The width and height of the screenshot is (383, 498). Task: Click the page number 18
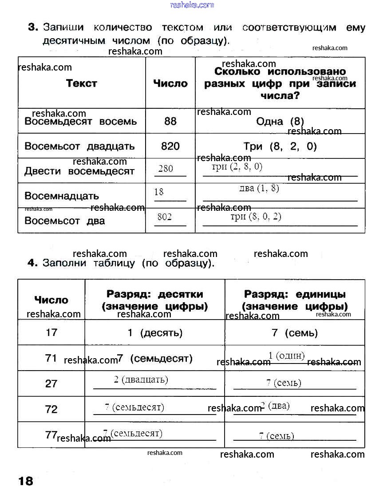point(26,481)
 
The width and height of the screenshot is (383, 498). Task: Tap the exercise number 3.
point(32,28)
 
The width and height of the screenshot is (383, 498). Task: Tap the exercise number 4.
point(32,263)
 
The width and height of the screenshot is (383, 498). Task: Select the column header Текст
point(82,83)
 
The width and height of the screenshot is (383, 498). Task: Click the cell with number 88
point(170,121)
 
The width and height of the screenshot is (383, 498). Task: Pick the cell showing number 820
point(170,146)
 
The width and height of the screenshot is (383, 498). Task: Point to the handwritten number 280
point(166,169)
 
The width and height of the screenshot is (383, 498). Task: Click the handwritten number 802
point(165,217)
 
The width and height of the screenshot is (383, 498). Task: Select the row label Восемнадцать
point(62,196)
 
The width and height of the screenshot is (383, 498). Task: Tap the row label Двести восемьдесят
point(79,171)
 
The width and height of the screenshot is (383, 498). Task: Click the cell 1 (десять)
point(155,332)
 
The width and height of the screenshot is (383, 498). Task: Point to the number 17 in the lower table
point(51,332)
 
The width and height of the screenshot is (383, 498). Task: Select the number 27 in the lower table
point(51,383)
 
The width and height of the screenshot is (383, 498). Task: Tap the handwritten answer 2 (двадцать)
point(141,379)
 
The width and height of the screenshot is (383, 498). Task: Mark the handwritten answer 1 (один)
point(287,356)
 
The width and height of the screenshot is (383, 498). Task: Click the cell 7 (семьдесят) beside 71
point(155,358)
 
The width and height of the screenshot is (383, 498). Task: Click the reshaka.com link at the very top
point(192,5)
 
